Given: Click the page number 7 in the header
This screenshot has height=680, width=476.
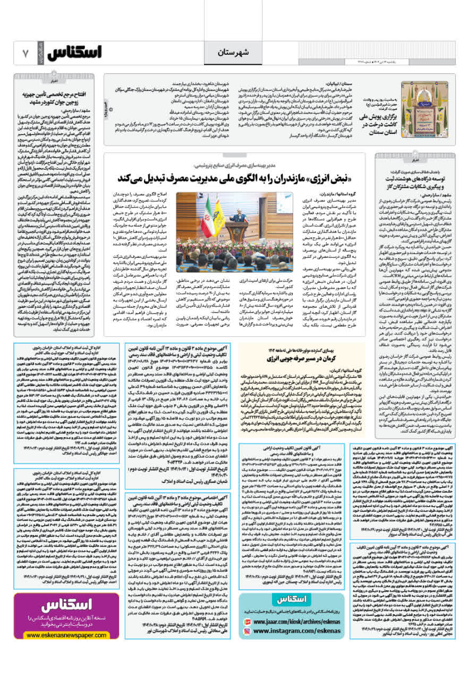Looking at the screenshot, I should tap(25, 54).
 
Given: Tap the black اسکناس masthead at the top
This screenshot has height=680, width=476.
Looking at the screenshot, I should tap(74, 53).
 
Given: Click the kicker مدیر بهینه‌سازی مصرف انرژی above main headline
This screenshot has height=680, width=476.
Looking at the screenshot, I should tap(232, 165).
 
